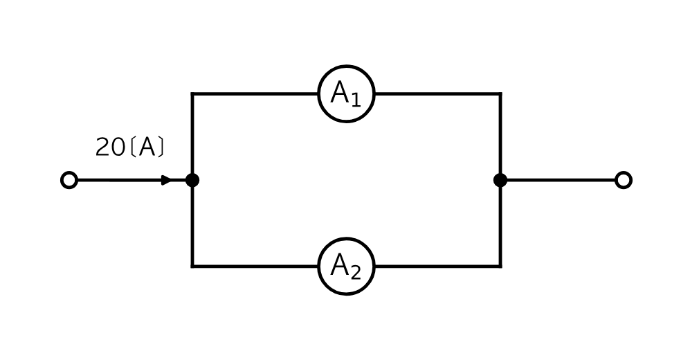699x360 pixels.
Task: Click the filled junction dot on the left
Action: click(192, 180)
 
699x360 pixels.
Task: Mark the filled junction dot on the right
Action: click(500, 180)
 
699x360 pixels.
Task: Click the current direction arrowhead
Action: click(166, 180)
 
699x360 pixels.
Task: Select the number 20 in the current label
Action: click(110, 147)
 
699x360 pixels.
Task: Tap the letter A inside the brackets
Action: click(147, 147)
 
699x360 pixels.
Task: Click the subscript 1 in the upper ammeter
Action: click(355, 101)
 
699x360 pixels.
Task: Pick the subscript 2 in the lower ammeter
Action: click(355, 273)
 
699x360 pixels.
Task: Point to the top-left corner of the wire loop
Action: click(192, 93)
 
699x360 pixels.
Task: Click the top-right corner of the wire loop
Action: click(500, 93)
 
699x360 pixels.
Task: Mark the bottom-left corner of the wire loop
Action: click(192, 267)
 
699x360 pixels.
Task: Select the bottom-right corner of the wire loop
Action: click(500, 267)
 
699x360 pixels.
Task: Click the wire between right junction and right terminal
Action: click(561, 180)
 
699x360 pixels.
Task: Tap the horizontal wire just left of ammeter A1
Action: click(255, 93)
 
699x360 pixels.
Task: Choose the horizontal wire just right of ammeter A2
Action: click(438, 267)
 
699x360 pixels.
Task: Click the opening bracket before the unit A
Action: click(134, 147)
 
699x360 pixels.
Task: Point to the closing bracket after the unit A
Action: click(161, 147)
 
